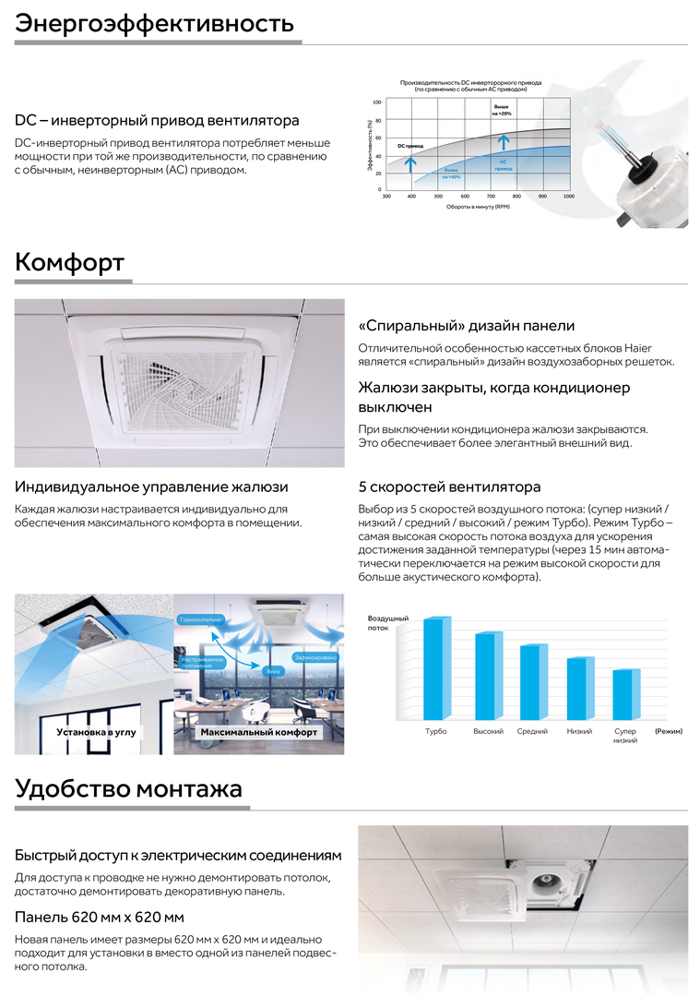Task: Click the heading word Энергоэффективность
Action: (154, 22)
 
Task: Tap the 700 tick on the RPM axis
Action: (492, 196)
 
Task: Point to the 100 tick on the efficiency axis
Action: (376, 102)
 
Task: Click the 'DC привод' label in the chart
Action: (410, 146)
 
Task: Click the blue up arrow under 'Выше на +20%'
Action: (503, 141)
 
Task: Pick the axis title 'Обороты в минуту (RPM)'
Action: (478, 207)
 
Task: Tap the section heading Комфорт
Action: (69, 262)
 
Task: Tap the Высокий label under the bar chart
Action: (488, 731)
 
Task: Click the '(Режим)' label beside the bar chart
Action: (668, 731)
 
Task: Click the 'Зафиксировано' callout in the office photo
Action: (314, 656)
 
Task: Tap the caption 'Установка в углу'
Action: (96, 732)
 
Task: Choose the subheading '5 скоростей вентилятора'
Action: (449, 486)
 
